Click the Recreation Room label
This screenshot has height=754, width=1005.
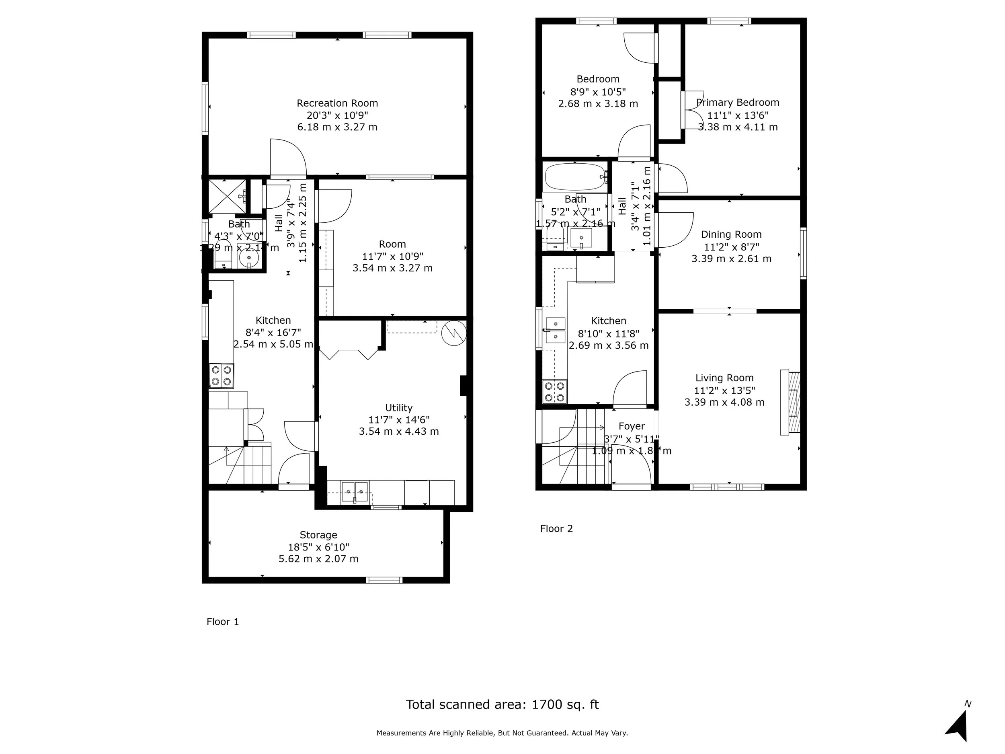tap(337, 103)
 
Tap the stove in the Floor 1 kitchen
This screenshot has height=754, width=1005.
tap(221, 376)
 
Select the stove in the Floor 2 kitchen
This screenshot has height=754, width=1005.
tap(555, 392)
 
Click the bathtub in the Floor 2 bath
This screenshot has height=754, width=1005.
tap(575, 177)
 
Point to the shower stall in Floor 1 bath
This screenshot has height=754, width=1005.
tap(227, 196)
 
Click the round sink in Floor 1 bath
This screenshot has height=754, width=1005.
tap(248, 258)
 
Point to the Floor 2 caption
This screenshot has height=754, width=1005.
tap(556, 528)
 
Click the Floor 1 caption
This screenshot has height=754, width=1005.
tap(223, 622)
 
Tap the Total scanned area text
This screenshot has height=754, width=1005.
tap(502, 705)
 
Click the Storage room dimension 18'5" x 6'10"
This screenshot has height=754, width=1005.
tap(318, 547)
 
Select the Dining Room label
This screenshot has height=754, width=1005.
tap(731, 234)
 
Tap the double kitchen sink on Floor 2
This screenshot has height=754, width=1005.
tap(555, 331)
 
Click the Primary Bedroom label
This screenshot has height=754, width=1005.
tap(738, 103)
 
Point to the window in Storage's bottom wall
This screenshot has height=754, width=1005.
tap(384, 579)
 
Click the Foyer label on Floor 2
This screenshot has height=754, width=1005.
tap(632, 426)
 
